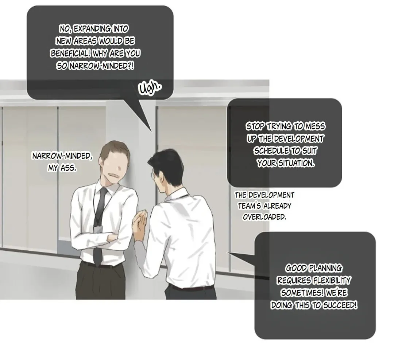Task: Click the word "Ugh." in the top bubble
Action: tap(150, 88)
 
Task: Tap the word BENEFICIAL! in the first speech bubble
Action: tap(70, 54)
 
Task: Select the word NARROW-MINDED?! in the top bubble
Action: tap(101, 66)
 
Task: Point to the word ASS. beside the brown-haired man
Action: tap(68, 168)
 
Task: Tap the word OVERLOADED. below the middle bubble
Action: tap(264, 217)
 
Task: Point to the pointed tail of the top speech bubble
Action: tap(151, 132)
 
